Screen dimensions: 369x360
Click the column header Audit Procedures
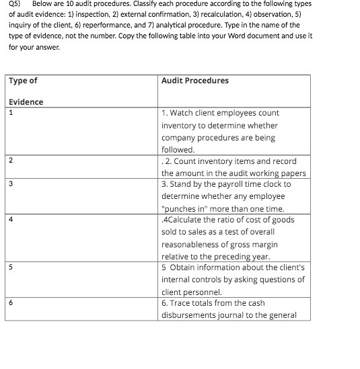(194, 81)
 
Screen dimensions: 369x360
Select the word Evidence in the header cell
(26, 102)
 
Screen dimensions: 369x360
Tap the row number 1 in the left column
(11, 113)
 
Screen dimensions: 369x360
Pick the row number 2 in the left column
(11, 161)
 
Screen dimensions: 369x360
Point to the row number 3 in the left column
(11, 183)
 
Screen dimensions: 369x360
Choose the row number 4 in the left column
(11, 219)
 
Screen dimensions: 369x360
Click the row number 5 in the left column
(11, 267)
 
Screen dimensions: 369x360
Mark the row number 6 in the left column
(11, 302)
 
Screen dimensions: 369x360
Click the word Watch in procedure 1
(183, 113)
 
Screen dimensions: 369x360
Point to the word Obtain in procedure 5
(182, 268)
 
